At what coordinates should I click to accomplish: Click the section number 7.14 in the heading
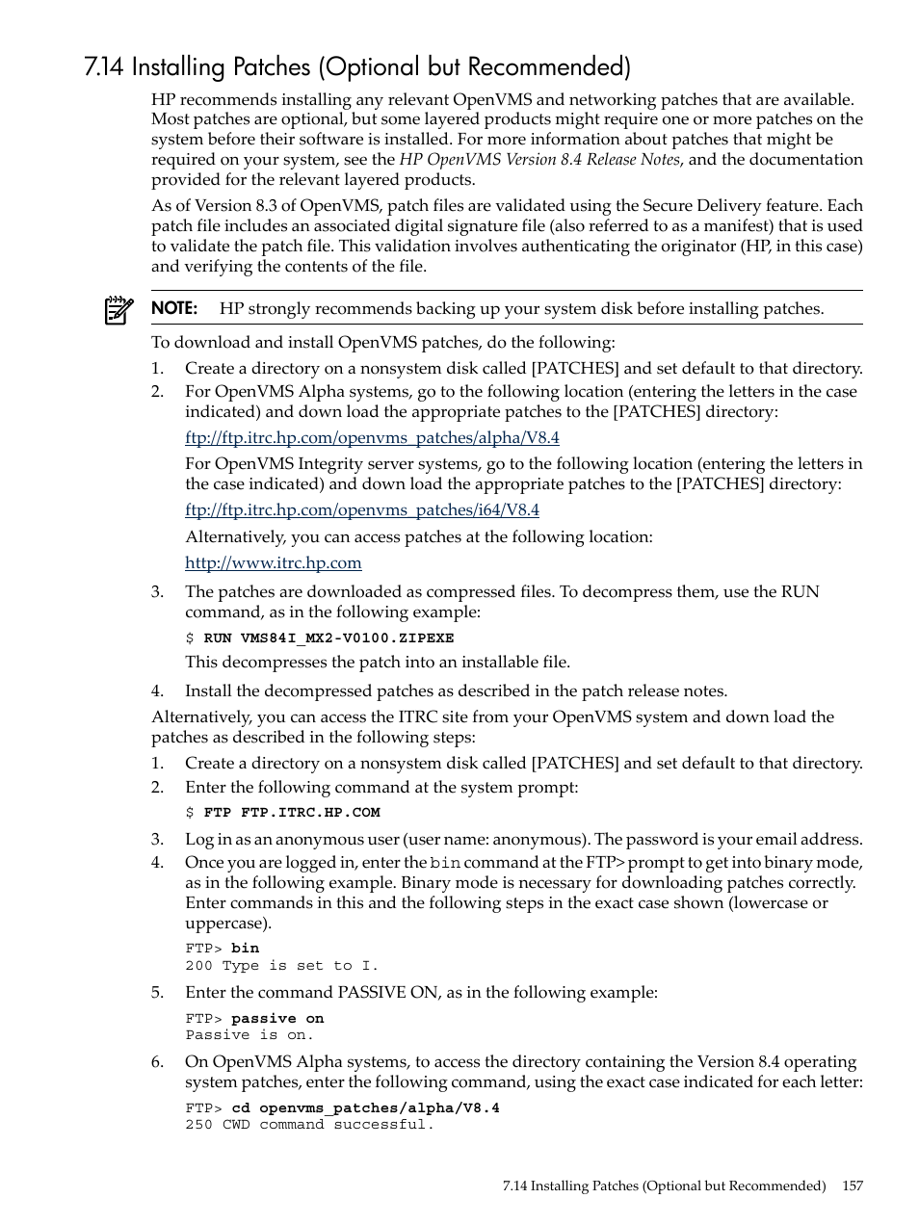click(x=104, y=67)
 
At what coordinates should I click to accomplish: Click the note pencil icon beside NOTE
click(x=118, y=310)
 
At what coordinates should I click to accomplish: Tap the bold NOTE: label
click(x=174, y=308)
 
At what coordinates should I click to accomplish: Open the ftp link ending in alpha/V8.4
click(x=372, y=437)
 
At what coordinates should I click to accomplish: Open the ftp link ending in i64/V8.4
click(x=362, y=509)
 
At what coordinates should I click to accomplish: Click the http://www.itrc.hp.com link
click(x=274, y=562)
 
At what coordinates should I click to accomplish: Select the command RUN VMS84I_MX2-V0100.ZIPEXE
click(x=328, y=638)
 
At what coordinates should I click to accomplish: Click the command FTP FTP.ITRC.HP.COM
click(x=292, y=812)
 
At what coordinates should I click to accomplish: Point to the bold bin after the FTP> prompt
click(x=245, y=949)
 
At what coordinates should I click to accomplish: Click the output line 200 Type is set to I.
click(x=282, y=965)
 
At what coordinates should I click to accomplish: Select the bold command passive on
click(x=277, y=1019)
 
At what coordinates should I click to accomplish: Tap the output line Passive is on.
click(x=249, y=1034)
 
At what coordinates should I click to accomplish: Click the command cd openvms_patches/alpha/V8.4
click(x=365, y=1107)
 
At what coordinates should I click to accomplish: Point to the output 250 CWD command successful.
click(x=309, y=1124)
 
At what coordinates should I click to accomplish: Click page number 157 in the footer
click(x=852, y=1185)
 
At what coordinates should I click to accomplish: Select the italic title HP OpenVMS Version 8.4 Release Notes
click(x=539, y=160)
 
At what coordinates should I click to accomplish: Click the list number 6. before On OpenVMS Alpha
click(x=158, y=1061)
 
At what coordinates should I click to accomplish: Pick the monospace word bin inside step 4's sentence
click(x=445, y=863)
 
